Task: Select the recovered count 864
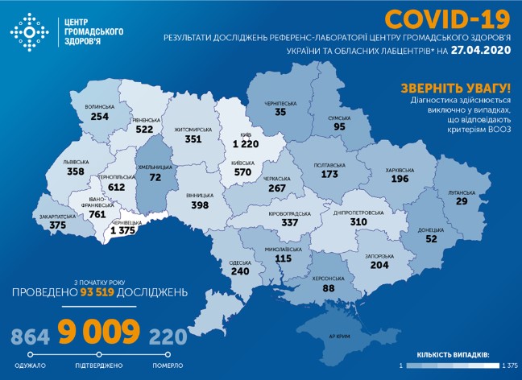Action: tap(28, 335)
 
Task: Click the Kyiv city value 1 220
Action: tap(248, 143)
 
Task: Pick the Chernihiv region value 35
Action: tap(280, 113)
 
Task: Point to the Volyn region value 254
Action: tap(100, 116)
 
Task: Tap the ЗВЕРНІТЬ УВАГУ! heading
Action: tap(455, 87)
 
